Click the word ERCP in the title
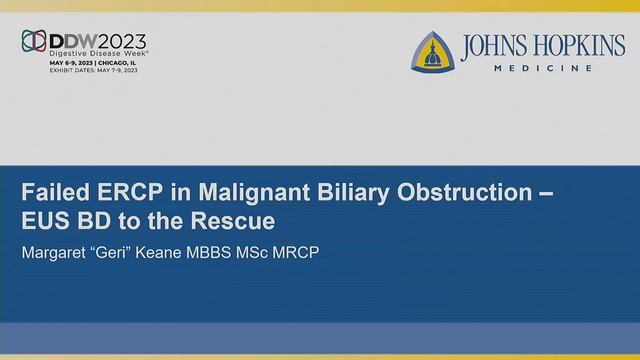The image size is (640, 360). [x=130, y=192]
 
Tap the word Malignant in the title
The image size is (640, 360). [x=254, y=193]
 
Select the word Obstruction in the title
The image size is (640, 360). [x=465, y=192]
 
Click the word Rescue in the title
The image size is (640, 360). [x=233, y=221]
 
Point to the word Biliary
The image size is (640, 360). [x=353, y=193]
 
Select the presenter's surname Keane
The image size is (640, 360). [x=158, y=252]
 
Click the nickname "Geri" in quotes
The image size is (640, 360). [x=110, y=252]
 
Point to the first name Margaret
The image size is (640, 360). [x=54, y=253]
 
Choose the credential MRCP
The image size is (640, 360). [x=296, y=252]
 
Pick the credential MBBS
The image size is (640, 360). [x=209, y=252]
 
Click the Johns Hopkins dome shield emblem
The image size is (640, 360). [x=433, y=52]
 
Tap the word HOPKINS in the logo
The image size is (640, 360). [x=579, y=46]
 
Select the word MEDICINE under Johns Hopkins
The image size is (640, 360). [x=543, y=68]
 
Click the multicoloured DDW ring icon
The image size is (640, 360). [x=34, y=41]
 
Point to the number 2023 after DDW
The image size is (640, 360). [x=122, y=42]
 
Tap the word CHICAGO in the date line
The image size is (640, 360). [x=113, y=63]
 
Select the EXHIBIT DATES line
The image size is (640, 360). [x=94, y=70]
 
